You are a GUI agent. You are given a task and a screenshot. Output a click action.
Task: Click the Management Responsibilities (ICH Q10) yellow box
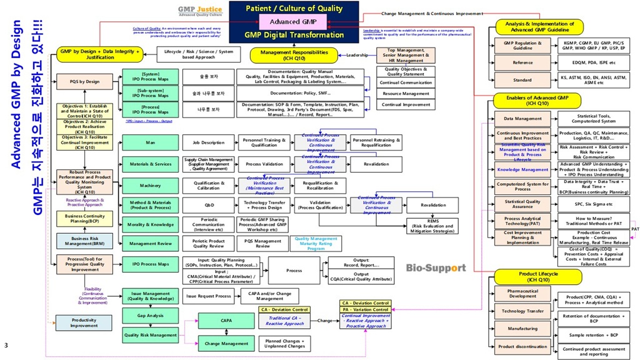click(x=289, y=56)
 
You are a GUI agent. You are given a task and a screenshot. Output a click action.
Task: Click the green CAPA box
click(x=227, y=321)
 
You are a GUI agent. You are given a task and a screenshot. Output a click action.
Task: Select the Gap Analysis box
click(x=150, y=316)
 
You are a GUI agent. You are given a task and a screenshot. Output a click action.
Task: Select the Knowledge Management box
click(x=522, y=169)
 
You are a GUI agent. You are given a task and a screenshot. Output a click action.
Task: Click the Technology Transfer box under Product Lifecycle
click(x=522, y=311)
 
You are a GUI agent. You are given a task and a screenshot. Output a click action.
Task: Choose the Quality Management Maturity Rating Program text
click(x=316, y=243)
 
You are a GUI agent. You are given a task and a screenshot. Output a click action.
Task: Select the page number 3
click(x=6, y=345)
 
